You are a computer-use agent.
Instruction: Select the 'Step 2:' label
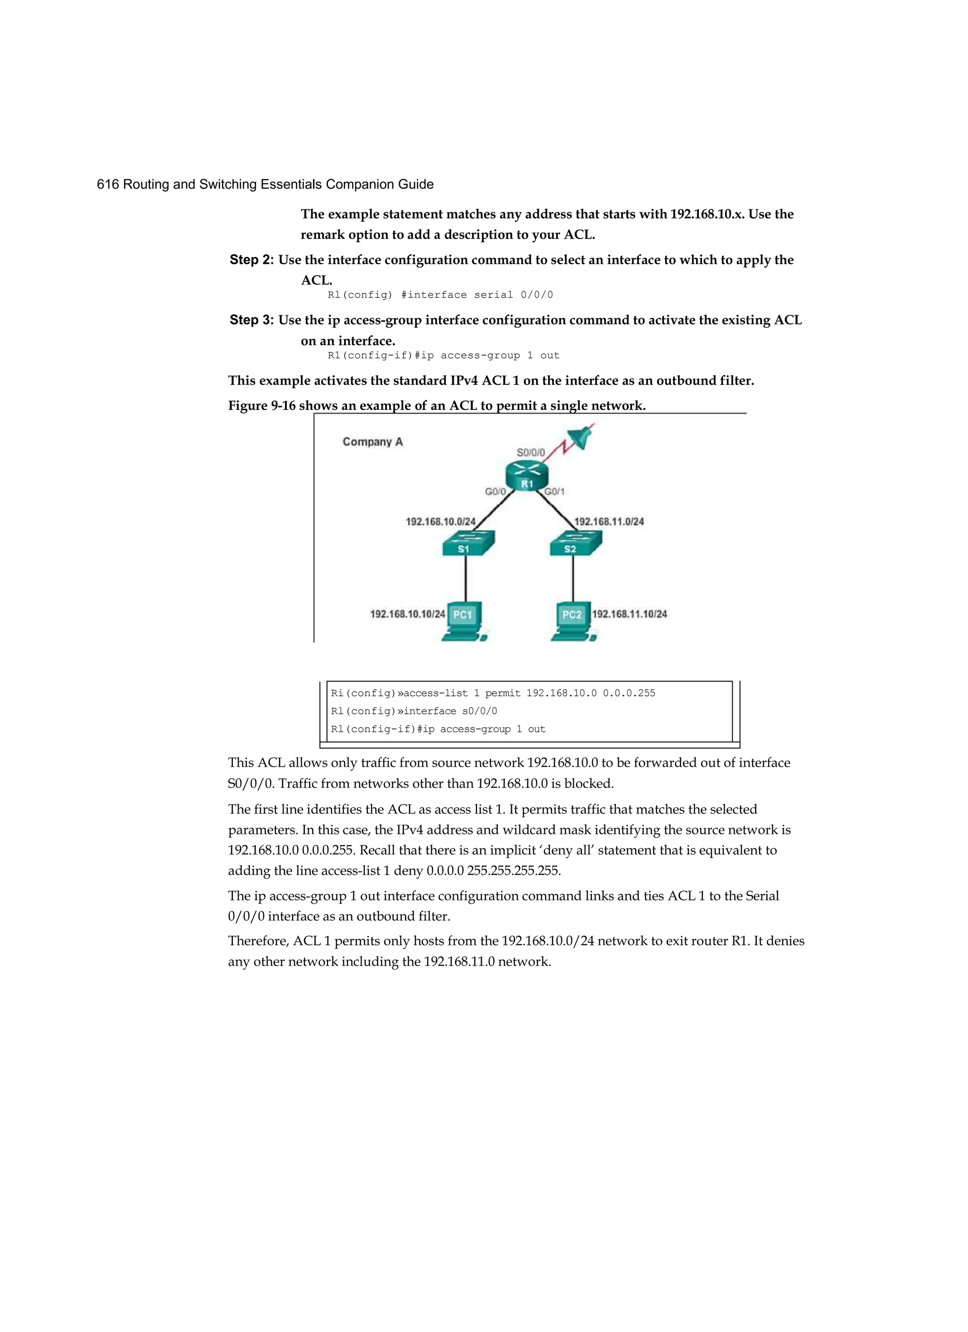click(251, 259)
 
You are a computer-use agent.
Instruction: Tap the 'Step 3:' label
click(251, 320)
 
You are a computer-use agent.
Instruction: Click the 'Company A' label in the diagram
click(372, 441)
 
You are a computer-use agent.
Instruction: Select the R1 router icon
click(526, 475)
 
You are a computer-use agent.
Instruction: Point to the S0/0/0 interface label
click(530, 452)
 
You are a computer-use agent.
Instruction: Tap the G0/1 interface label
click(554, 492)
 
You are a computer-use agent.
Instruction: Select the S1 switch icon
click(468, 543)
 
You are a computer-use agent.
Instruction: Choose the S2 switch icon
click(576, 543)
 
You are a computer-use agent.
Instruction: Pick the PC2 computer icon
click(573, 622)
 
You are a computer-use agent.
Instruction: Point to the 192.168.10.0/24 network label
click(441, 521)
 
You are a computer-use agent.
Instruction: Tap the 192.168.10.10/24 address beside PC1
click(407, 614)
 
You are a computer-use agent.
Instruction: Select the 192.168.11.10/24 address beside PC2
click(629, 614)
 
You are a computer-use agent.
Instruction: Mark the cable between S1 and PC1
click(466, 579)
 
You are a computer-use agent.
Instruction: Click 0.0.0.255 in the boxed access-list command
click(629, 693)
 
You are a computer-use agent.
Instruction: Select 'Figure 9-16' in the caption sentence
click(261, 406)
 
